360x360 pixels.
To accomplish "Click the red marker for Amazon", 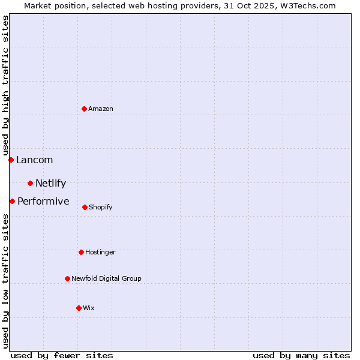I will (84, 109).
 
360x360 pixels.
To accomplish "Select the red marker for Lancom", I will (11, 160).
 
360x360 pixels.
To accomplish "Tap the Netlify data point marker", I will (30, 183).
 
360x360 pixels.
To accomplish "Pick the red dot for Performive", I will (12, 201).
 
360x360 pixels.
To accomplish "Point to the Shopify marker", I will (85, 207).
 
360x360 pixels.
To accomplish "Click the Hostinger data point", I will (81, 252).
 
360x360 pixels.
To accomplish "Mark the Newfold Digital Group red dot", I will (67, 278).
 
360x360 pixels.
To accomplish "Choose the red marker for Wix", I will (79, 308).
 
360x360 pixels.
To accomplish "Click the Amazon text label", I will (101, 109).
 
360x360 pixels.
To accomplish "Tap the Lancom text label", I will (34, 160).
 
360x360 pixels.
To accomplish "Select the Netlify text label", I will (50, 183).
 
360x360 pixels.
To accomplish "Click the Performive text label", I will (43, 201).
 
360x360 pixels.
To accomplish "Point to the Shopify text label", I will (101, 207).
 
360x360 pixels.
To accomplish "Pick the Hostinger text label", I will (100, 252).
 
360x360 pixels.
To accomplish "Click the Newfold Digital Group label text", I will (106, 278).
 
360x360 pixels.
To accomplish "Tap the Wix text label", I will (89, 308).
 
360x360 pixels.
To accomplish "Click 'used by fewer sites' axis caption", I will (62, 355).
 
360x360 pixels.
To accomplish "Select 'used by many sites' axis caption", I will (301, 355).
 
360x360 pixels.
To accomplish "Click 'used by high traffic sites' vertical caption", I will (5, 85).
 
